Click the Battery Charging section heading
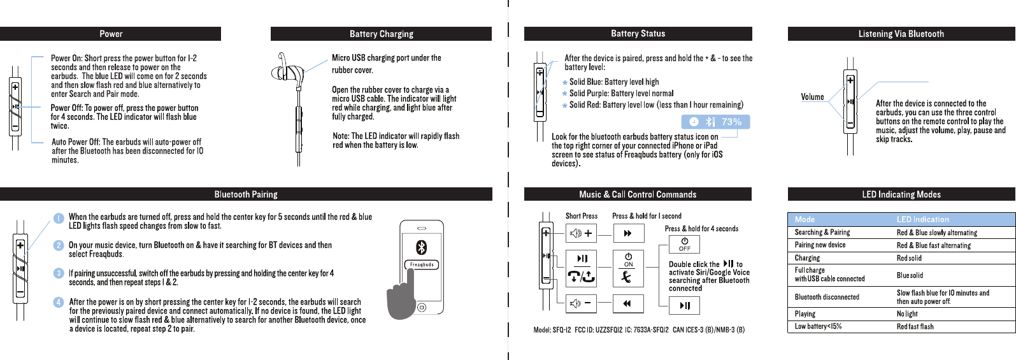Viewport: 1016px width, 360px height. point(381,34)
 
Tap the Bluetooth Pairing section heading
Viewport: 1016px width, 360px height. point(246,194)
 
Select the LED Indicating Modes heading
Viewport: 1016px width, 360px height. point(901,194)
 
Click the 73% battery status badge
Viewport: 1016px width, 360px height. point(715,122)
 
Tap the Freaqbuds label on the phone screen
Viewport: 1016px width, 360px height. point(422,264)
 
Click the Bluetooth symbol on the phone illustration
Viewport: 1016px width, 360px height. point(421,247)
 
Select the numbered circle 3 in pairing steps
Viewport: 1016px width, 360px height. point(59,273)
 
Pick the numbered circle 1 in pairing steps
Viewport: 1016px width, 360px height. point(59,218)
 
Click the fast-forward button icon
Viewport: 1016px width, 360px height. point(628,233)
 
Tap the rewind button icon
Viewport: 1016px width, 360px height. point(628,304)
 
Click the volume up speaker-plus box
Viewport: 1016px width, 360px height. point(582,233)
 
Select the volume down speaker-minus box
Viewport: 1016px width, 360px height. point(582,304)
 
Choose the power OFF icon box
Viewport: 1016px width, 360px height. point(684,244)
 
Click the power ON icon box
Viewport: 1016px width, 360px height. point(628,259)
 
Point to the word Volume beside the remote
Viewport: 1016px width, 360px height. point(812,97)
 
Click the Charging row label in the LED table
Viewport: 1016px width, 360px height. point(807,258)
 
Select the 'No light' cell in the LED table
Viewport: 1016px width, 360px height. point(907,313)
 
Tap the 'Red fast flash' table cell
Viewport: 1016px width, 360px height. point(915,326)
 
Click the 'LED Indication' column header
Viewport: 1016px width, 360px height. point(922,219)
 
